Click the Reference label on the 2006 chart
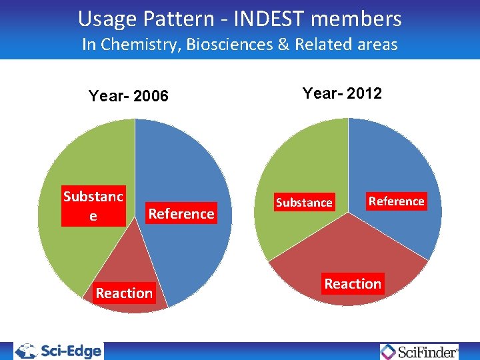(x=181, y=214)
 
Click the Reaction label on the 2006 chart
(x=124, y=293)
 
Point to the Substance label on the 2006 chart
(x=93, y=206)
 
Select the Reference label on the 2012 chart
(x=396, y=201)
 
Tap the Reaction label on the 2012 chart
(x=353, y=283)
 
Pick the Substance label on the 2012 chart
(x=304, y=202)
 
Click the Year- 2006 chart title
(x=129, y=97)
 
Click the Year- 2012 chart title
(x=342, y=93)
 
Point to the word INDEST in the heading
(x=270, y=19)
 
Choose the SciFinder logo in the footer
(x=420, y=351)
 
